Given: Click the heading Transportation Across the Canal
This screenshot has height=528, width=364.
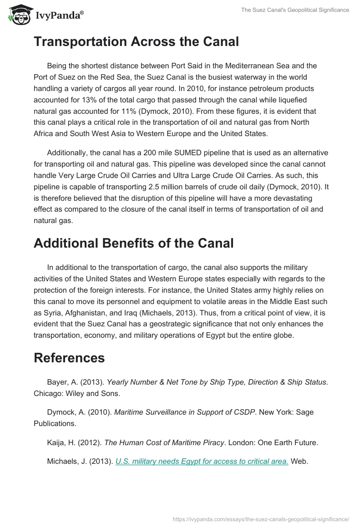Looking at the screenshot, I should tap(136, 42).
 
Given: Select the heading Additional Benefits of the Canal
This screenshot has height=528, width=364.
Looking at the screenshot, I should tap(133, 243).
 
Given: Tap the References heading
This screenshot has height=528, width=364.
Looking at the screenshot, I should tap(69, 358).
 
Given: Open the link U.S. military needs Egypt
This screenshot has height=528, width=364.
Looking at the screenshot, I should tap(202, 461).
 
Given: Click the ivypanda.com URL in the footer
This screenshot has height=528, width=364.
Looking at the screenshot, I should tap(261, 519).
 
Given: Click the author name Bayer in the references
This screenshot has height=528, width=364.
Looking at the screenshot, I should tap(57, 382).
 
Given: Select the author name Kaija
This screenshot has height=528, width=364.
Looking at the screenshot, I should tap(56, 443).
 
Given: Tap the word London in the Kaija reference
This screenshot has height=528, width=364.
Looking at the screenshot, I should tap(241, 443).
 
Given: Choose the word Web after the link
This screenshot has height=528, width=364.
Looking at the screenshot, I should tap(299, 461).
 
